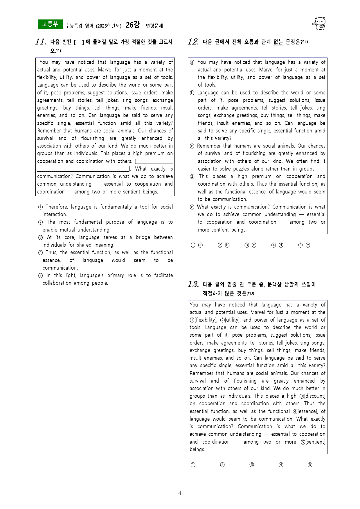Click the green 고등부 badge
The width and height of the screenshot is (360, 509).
(x=50, y=24)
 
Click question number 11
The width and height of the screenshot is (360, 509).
(x=41, y=42)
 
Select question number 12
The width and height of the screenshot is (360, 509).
(x=193, y=42)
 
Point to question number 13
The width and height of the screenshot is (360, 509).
(x=193, y=284)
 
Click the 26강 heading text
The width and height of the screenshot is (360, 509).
(x=133, y=25)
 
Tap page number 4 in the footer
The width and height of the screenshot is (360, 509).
(x=180, y=493)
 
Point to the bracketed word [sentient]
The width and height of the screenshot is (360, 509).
(x=315, y=442)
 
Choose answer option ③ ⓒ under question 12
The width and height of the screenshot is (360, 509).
(x=250, y=245)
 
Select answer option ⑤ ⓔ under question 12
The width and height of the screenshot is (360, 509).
(x=304, y=245)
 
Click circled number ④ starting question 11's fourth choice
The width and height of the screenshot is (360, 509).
(x=40, y=253)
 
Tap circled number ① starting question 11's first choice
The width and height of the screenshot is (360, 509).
(x=40, y=207)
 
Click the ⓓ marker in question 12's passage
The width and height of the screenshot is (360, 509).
(x=192, y=177)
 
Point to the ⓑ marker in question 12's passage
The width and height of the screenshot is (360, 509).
(x=192, y=93)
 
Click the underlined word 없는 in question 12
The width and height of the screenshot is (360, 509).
(x=278, y=42)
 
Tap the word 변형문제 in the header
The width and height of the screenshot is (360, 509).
(x=154, y=26)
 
